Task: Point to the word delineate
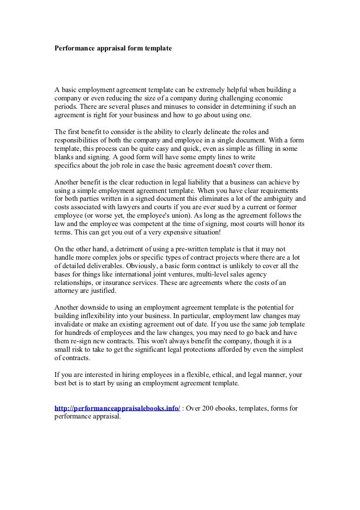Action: [223, 132]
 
